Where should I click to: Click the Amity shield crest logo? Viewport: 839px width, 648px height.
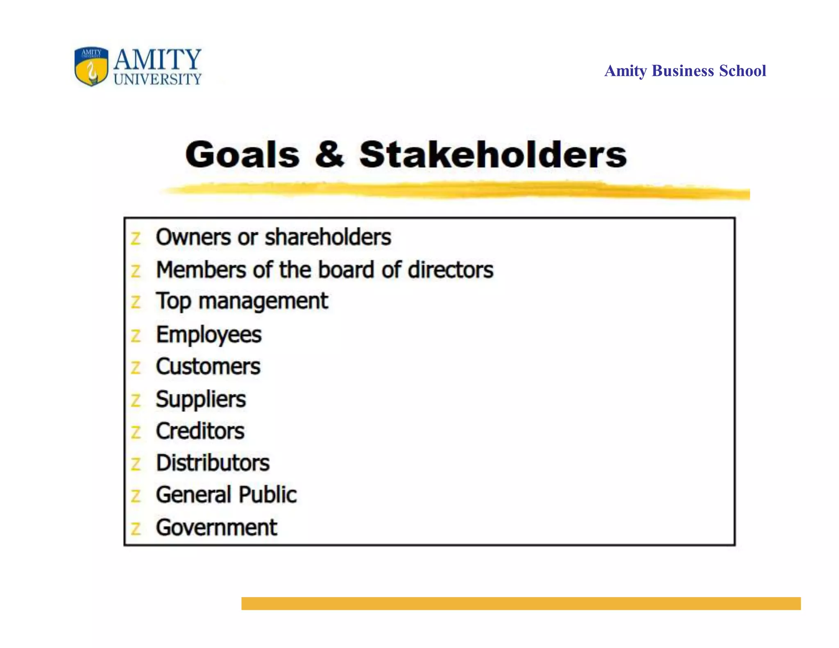(91, 66)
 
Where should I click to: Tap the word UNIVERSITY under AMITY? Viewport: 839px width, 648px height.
(158, 79)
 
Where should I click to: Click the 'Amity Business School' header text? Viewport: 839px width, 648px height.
(685, 71)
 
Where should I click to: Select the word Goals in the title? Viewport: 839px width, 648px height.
(243, 155)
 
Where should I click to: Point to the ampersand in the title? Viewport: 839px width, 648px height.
(329, 154)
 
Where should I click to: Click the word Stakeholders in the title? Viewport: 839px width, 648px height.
(493, 154)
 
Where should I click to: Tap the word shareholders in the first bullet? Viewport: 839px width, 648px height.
(328, 237)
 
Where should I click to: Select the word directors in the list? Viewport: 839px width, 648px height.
(450, 270)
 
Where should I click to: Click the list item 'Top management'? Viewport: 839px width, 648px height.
(242, 302)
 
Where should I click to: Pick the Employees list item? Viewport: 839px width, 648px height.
(209, 335)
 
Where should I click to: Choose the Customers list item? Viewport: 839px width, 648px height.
(208, 366)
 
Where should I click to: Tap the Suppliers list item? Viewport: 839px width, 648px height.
(201, 399)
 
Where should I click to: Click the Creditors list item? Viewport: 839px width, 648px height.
(200, 431)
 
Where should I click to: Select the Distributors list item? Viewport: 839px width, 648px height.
(213, 463)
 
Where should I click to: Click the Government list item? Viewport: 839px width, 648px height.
(216, 528)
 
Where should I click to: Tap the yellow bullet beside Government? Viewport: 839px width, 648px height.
(136, 529)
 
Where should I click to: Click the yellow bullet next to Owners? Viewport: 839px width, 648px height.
(136, 238)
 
